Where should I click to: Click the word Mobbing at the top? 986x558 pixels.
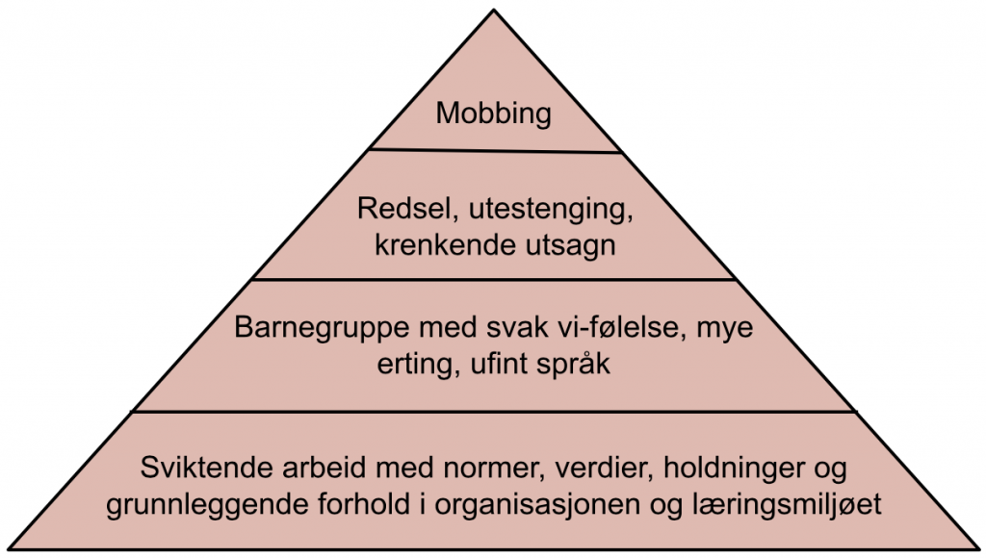tap(494, 114)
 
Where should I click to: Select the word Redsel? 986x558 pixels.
tap(407, 209)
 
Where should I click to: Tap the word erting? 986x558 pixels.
tap(414, 365)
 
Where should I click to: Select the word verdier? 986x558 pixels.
tap(602, 469)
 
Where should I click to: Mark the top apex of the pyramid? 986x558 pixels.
tap(494, 10)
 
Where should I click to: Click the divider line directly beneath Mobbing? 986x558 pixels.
tap(495, 151)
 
